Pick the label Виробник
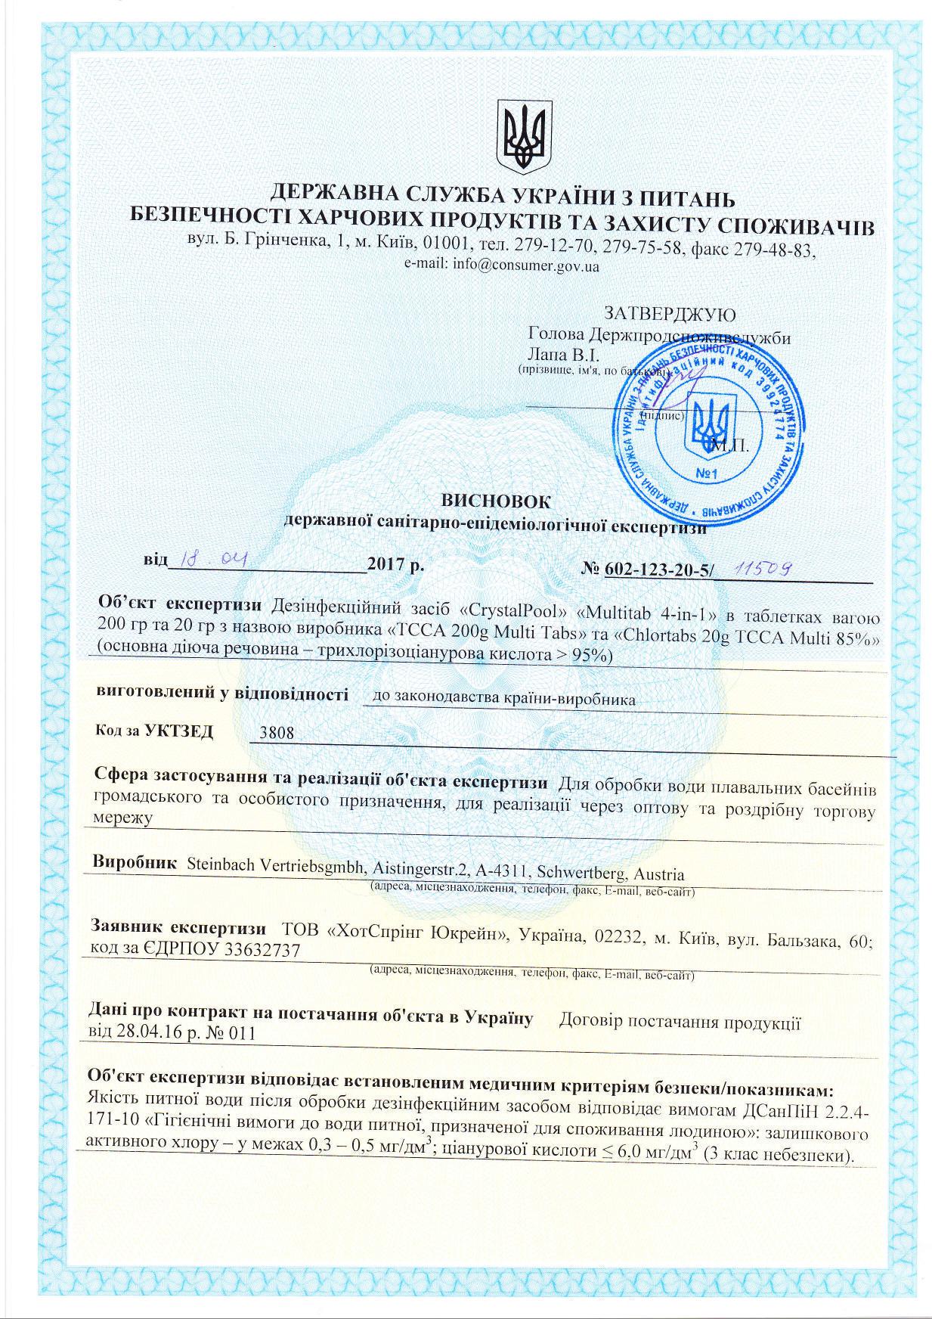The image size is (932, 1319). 134,861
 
